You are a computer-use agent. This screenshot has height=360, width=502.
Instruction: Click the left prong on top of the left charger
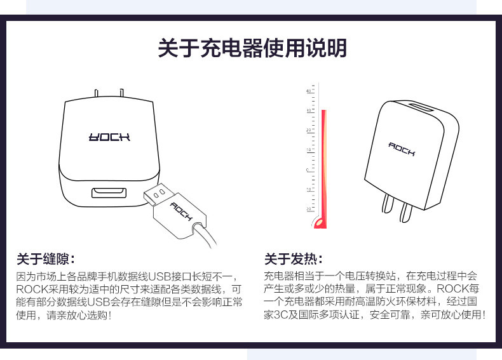coord(96,94)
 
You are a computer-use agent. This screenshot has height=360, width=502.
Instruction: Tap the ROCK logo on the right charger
coord(402,149)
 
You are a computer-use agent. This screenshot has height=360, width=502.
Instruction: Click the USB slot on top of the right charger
coord(419,106)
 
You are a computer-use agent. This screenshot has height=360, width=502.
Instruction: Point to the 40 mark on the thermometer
coord(309,91)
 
